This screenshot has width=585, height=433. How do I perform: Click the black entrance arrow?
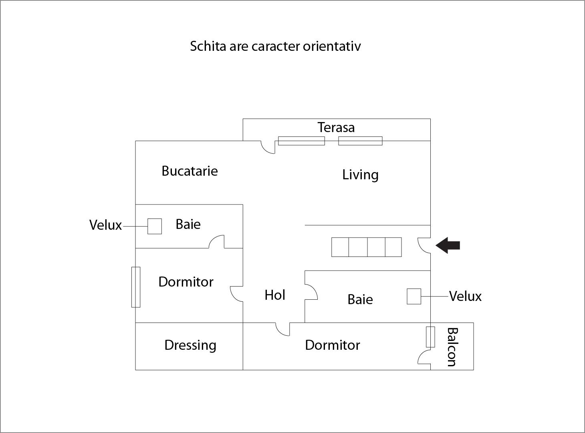coord(448,245)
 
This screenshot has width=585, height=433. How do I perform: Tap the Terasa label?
coord(336,127)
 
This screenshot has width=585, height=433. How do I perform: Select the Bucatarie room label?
coord(190,171)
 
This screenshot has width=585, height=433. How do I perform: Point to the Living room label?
coord(360,175)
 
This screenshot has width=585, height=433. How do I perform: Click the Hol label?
coord(275,295)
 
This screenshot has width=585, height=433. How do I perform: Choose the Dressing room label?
coord(190,345)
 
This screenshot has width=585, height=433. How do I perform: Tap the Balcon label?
coord(452,347)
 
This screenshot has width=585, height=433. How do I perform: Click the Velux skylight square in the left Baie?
coord(155,226)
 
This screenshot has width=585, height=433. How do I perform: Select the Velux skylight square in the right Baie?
coord(414,297)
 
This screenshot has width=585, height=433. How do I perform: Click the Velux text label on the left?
coord(105,225)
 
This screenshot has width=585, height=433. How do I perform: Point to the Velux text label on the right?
coord(465,297)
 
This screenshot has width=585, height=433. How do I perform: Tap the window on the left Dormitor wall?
coord(136,287)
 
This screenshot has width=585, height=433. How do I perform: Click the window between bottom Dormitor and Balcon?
coord(430,337)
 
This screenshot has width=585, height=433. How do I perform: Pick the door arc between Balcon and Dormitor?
coord(424,357)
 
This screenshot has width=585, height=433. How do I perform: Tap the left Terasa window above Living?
coord(301,141)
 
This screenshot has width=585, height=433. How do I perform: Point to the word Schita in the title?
coord(208,46)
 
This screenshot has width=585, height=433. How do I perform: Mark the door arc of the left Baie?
coord(216,242)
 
